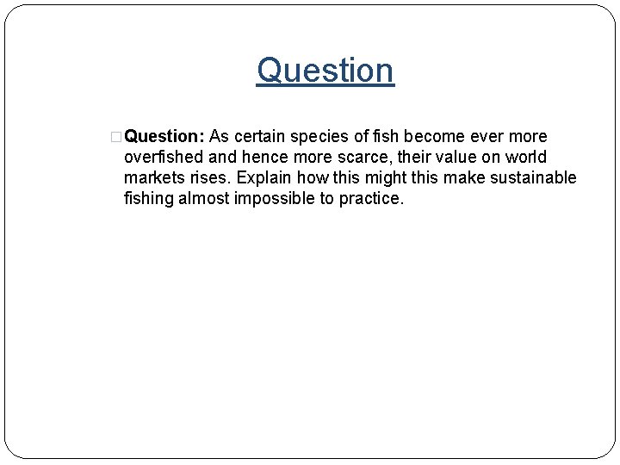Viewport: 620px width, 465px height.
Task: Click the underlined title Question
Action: click(325, 70)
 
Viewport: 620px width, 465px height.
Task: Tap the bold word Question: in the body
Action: click(162, 137)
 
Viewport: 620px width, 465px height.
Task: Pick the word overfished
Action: click(162, 158)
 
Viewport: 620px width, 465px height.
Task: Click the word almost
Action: click(206, 199)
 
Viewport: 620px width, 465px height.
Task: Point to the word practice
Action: click(371, 199)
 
